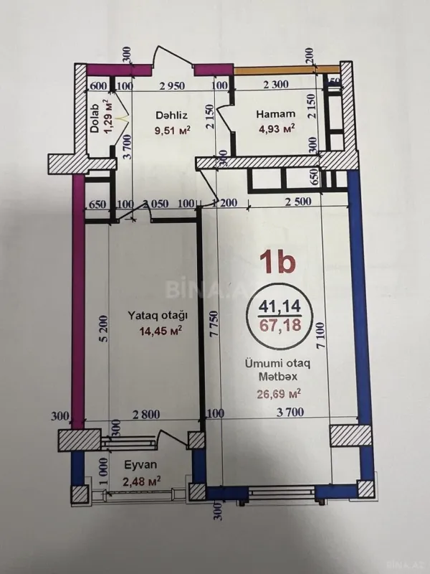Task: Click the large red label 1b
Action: [x=276, y=263]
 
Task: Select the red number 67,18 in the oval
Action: [x=276, y=327]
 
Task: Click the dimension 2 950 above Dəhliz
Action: [x=173, y=86]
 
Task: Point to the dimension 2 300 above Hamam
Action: [x=275, y=86]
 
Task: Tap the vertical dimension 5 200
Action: [x=104, y=330]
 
